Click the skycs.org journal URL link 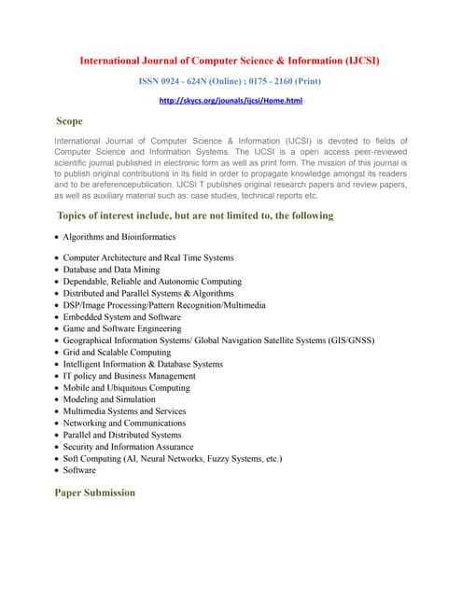(x=231, y=101)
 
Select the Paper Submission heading (x=95, y=492)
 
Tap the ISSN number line (x=231, y=81)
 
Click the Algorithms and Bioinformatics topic (x=120, y=237)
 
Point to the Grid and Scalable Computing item (x=118, y=353)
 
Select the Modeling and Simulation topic (x=110, y=399)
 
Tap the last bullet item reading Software (x=81, y=470)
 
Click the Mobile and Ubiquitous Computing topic (x=127, y=388)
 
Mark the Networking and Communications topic (x=124, y=423)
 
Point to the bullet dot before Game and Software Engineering (x=58, y=329)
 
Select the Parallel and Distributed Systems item (x=122, y=435)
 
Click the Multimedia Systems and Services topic (x=124, y=411)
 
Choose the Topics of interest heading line (x=195, y=215)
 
